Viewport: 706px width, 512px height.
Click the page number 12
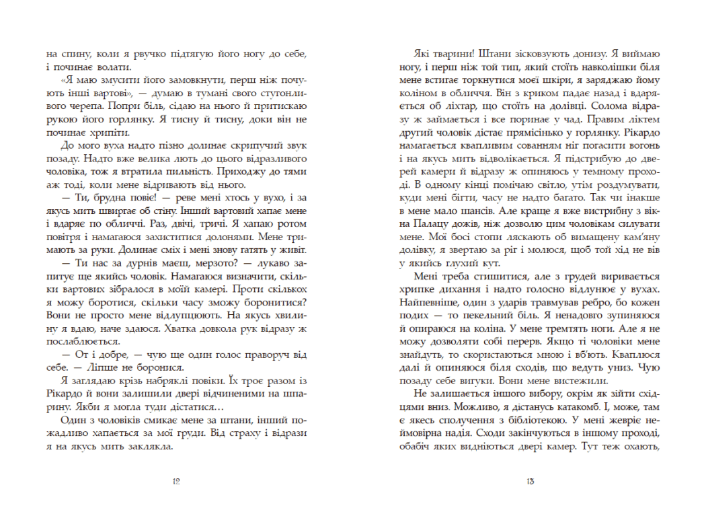(175, 481)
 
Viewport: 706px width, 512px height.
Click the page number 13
(531, 481)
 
